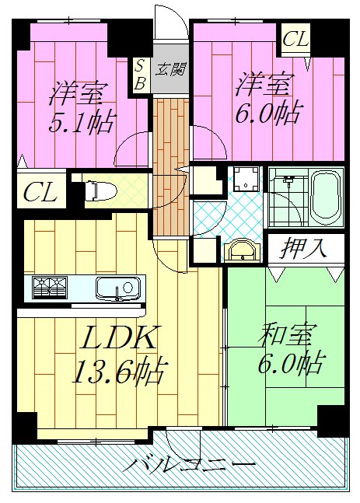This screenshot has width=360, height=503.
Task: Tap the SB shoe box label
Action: click(140, 75)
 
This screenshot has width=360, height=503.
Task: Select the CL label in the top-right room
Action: click(295, 37)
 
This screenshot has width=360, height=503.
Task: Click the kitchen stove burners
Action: click(51, 288)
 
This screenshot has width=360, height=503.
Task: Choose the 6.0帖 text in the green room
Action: click(291, 363)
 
